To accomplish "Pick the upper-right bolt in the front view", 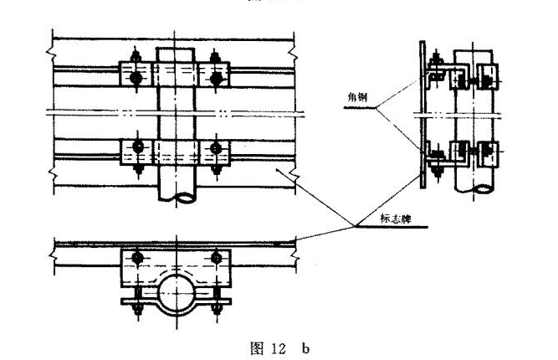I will [x=217, y=77].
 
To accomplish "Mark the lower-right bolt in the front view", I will [x=217, y=150].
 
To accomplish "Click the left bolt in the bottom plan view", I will [x=134, y=256].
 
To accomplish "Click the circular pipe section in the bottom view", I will [x=176, y=293].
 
